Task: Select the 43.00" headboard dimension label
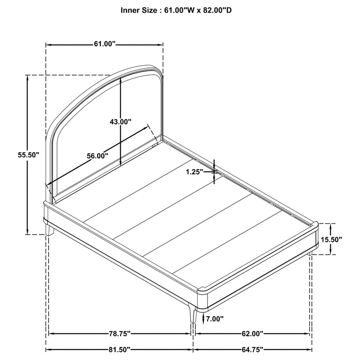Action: (120, 121)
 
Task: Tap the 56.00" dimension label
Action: (97, 156)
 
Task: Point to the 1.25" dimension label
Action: (195, 172)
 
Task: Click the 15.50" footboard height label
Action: (331, 240)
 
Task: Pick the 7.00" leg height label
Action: (215, 319)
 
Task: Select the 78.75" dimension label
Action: (120, 333)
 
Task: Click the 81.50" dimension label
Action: (119, 350)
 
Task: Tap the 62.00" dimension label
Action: (252, 333)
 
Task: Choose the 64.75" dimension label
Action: (252, 350)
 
